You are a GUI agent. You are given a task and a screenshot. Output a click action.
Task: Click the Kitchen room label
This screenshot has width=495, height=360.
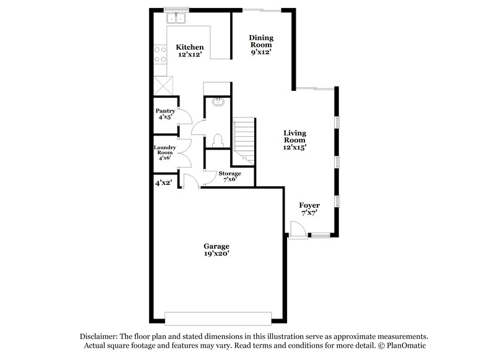[189, 48]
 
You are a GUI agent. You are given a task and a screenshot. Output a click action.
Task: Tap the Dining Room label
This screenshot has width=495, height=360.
[260, 41]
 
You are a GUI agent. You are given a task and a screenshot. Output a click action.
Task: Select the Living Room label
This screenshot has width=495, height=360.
[295, 137]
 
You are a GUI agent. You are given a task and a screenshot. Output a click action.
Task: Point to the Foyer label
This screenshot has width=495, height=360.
[309, 205]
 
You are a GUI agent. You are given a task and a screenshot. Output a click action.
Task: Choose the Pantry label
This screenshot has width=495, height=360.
[165, 111]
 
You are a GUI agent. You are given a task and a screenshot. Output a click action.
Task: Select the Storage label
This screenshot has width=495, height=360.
[230, 174]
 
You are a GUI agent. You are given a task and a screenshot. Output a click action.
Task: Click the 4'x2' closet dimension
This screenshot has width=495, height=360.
[163, 183]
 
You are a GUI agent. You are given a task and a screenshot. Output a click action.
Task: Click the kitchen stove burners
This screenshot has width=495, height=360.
[160, 54]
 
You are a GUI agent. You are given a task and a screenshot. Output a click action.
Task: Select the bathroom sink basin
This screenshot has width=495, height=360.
[218, 103]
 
